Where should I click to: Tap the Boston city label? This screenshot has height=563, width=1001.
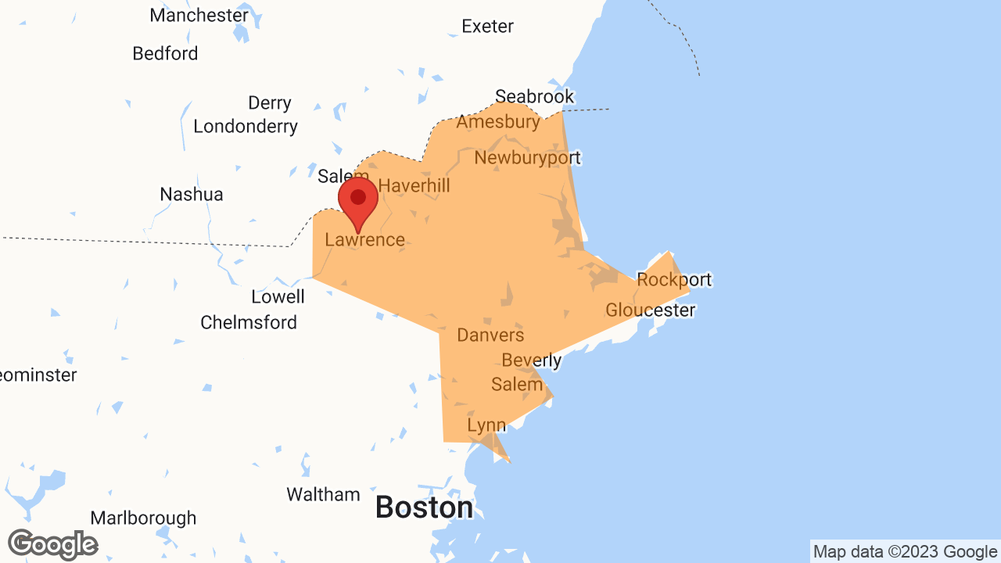(424, 507)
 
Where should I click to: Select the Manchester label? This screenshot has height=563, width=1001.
(199, 15)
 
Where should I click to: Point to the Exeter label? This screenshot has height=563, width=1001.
(487, 27)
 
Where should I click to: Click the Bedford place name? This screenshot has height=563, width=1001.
(165, 54)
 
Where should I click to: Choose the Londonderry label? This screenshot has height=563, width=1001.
(246, 127)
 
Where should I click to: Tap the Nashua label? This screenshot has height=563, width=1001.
(192, 195)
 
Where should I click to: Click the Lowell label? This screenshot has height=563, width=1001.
(278, 297)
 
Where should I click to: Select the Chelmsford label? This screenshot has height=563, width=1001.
(249, 323)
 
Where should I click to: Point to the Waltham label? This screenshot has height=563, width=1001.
(323, 495)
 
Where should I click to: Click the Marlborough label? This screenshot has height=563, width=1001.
(143, 518)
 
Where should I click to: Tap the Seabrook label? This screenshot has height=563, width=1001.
(535, 97)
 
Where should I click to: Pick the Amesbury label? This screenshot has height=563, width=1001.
(498, 122)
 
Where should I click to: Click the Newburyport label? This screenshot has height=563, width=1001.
(527, 158)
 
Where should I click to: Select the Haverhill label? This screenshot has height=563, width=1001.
(414, 186)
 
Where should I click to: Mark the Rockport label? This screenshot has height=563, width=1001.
(674, 280)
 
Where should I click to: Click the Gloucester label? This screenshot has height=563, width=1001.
(650, 310)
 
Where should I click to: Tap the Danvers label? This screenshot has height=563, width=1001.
(490, 335)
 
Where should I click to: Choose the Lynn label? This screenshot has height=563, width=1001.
(486, 425)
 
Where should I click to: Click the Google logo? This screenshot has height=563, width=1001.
(52, 544)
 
